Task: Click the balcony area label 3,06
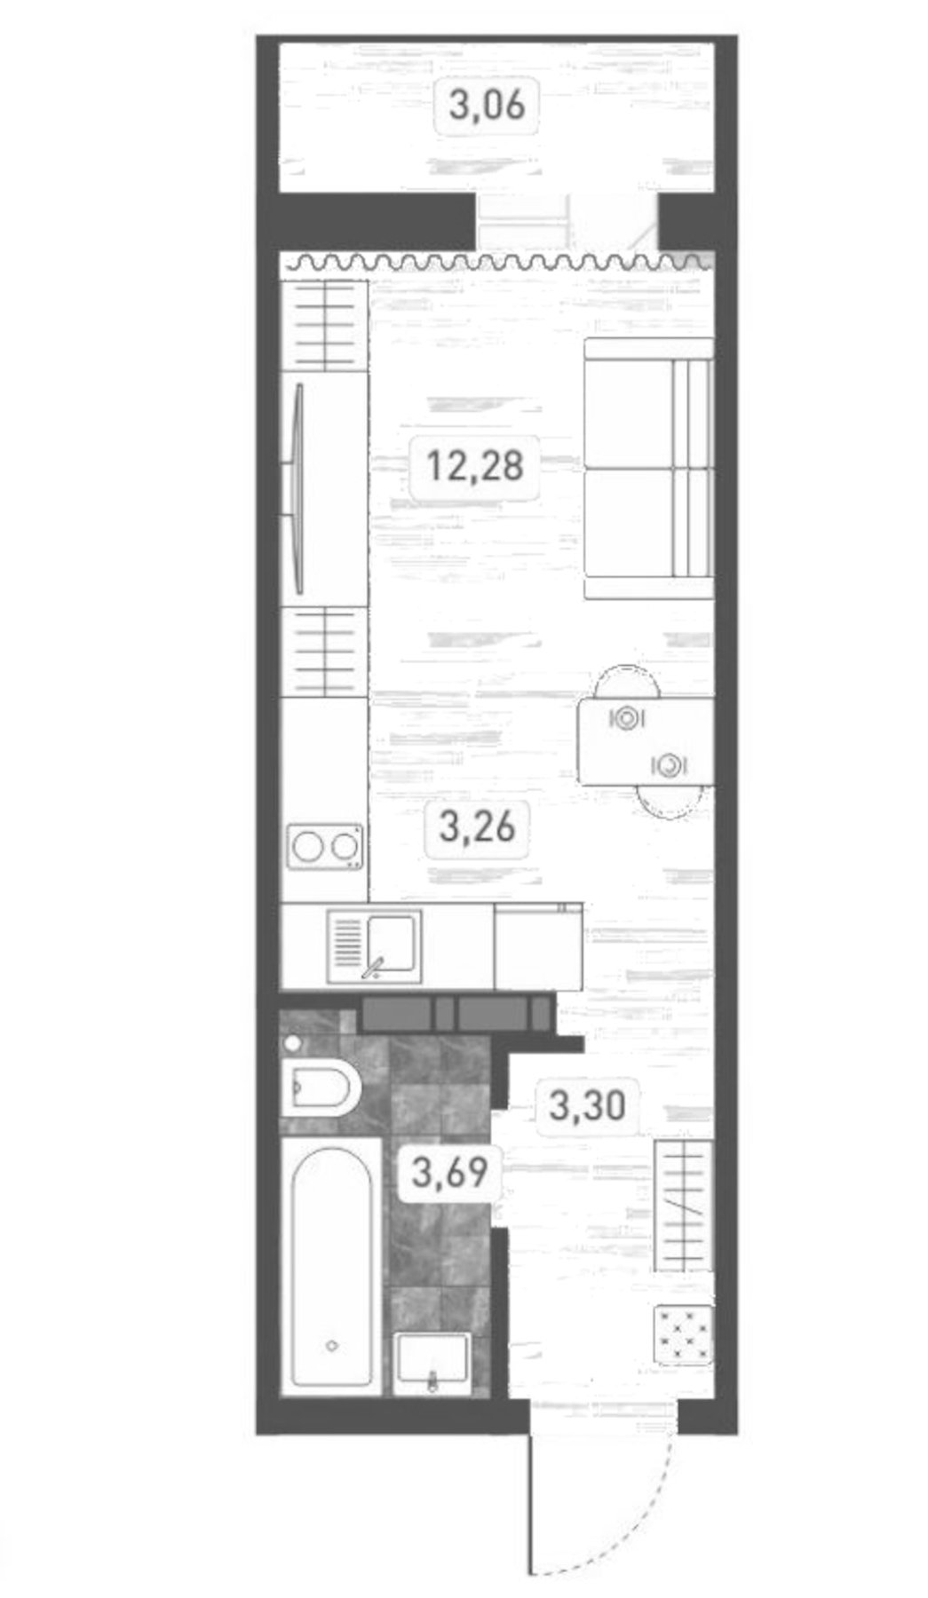tap(486, 107)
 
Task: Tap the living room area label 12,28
tap(475, 465)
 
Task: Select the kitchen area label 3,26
tap(477, 827)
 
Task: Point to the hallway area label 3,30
tap(587, 1106)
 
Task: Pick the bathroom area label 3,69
tap(450, 1173)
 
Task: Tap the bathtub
tap(331, 1264)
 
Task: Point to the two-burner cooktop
tap(325, 847)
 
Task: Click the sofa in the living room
tap(648, 469)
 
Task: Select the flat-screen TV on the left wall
tap(298, 488)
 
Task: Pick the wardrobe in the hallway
tap(683, 1205)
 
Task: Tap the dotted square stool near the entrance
tap(684, 1333)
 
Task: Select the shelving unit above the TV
tap(324, 325)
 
